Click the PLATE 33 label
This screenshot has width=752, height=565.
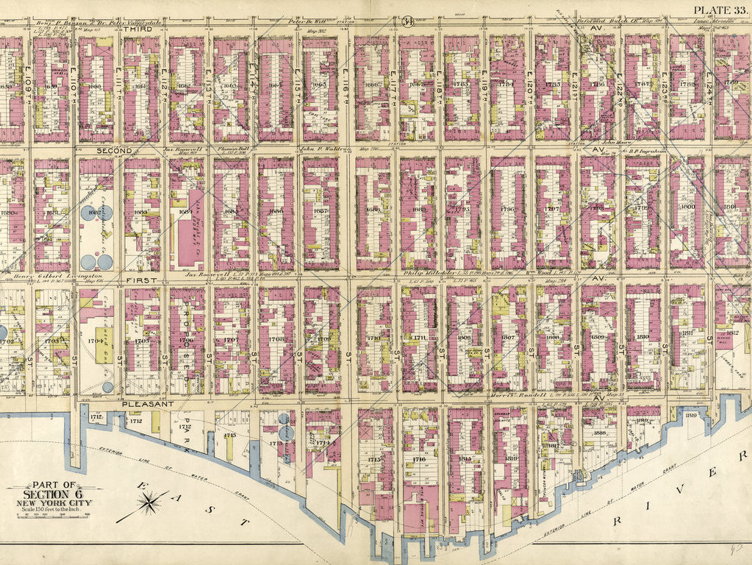tap(720, 10)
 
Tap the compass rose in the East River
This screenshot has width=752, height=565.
tap(149, 503)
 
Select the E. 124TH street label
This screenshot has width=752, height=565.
tap(709, 84)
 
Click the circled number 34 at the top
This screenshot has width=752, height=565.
tap(406, 21)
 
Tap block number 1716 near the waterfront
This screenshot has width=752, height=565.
tap(419, 458)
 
